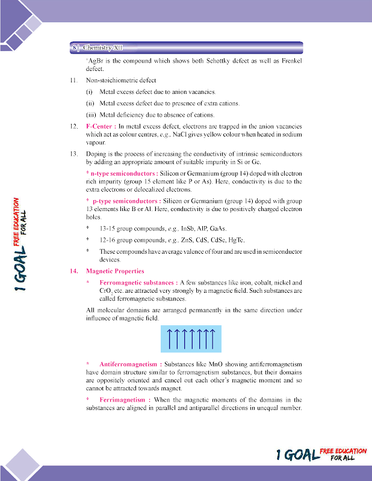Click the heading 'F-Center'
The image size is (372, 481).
pos(99,127)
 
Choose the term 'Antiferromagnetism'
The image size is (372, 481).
pos(128,364)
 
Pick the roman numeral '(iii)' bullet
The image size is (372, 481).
pos(91,115)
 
